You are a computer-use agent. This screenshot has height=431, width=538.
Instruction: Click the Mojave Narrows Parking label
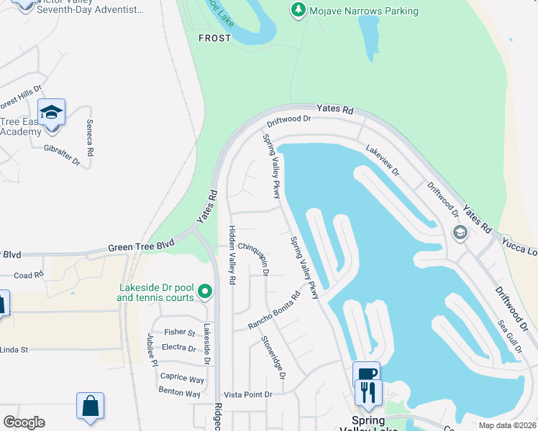(x=363, y=11)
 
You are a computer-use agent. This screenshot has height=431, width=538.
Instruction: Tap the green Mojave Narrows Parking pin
(x=298, y=10)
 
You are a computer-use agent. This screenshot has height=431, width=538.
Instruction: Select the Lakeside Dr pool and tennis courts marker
(x=205, y=292)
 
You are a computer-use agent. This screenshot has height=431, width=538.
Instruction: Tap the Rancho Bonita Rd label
(x=274, y=310)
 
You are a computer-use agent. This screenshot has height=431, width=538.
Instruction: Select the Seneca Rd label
(x=91, y=139)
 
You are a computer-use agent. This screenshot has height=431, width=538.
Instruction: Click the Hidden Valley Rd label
(x=232, y=256)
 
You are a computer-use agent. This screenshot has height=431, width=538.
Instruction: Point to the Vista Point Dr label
(x=248, y=394)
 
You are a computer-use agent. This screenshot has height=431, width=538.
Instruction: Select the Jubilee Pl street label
(x=152, y=349)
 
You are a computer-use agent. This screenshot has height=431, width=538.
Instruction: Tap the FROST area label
(x=214, y=38)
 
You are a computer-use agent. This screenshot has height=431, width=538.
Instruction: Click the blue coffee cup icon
(x=366, y=374)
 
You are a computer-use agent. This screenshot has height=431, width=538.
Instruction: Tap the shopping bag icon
(x=91, y=406)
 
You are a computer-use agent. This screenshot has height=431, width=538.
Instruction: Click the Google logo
(x=24, y=422)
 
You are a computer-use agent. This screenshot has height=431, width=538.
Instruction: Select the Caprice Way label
(x=182, y=379)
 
